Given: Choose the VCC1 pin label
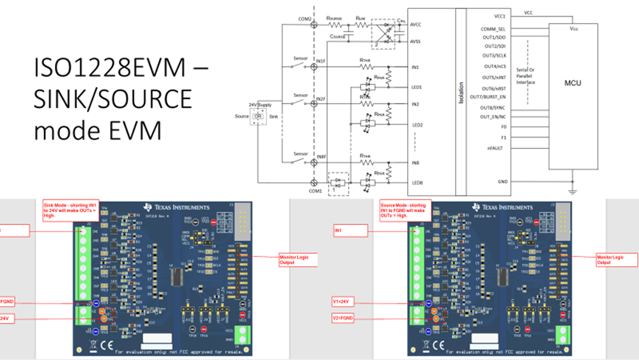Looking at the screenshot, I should tap(500, 15).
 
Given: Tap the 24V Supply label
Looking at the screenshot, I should tap(259, 104).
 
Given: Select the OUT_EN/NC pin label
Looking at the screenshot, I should tap(493, 117).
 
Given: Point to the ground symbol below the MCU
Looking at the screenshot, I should tap(573, 191).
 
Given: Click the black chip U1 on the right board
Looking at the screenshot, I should tap(505, 276).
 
